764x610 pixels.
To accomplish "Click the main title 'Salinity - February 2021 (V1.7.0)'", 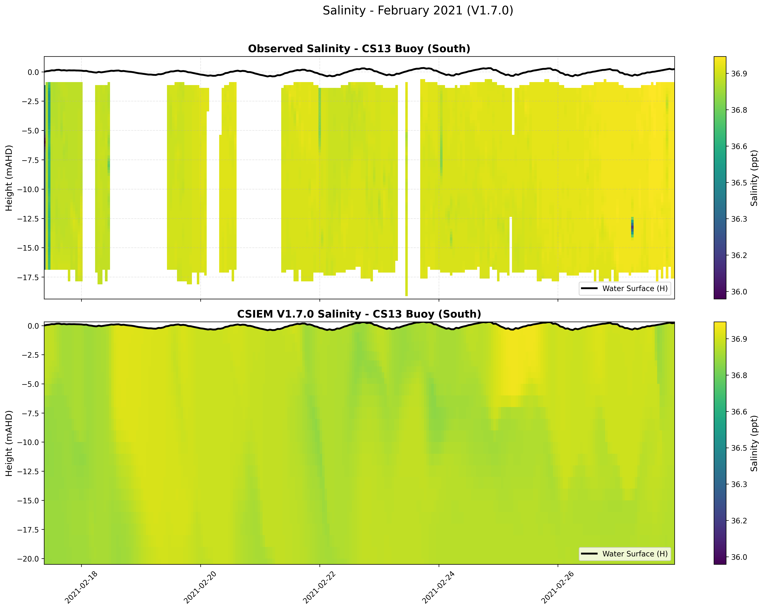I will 417,11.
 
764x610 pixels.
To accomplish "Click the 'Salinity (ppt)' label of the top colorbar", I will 755,178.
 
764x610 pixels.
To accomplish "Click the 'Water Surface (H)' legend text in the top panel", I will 635,289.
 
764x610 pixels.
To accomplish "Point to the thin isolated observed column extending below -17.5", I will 407,283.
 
